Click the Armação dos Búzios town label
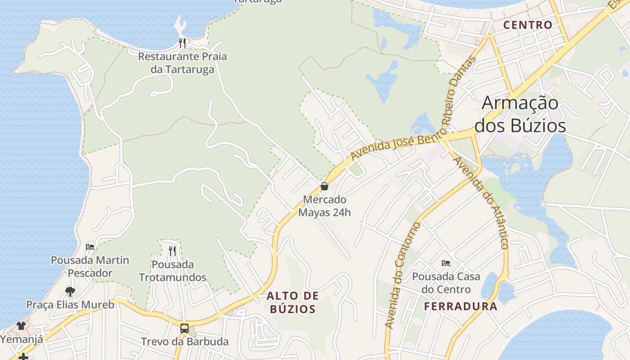point(520,114)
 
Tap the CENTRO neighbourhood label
point(527,25)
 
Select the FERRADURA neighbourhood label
point(461,307)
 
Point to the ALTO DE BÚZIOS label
point(292,302)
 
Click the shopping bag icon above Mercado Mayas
point(324,186)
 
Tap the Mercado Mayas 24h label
point(324,206)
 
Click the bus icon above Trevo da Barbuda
point(184,328)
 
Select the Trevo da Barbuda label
point(184,342)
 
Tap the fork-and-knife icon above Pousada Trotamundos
point(173,251)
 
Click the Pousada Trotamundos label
point(173,271)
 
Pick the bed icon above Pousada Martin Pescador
point(90,247)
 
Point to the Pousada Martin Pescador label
point(90,266)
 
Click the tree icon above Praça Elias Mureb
point(70,292)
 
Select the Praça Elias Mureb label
point(70,305)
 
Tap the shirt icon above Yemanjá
point(21,325)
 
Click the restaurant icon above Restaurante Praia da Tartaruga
point(182,43)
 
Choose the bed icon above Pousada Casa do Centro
point(446,263)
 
